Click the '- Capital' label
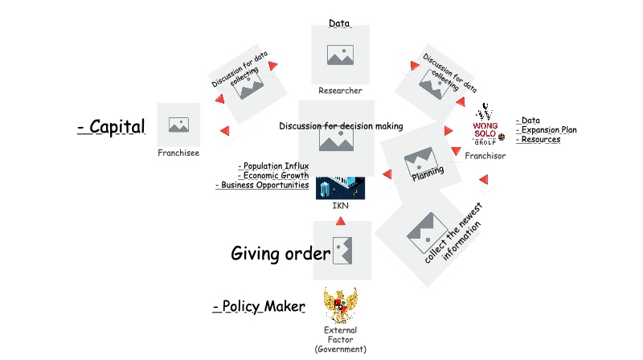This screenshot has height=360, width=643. coord(112,127)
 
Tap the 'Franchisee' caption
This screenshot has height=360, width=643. coord(178,152)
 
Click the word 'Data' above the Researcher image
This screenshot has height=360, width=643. coord(339,23)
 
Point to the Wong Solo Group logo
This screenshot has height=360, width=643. coord(488,125)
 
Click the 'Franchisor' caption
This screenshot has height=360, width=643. coord(485,156)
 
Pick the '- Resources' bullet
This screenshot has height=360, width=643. coord(539,140)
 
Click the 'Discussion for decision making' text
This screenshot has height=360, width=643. coord(341,126)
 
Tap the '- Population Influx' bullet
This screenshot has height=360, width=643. coord(273,166)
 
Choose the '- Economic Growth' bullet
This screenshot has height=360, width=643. coord(273,176)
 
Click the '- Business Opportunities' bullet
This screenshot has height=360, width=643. coord(262,186)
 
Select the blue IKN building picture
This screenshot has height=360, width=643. coord(340,188)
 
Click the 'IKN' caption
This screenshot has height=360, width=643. coord(340,206)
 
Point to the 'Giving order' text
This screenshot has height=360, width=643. coord(281,254)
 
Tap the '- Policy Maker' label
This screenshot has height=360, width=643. coord(259,307)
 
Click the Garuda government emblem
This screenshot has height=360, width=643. coord(340,305)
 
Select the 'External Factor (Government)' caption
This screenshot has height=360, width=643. coord(340,340)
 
